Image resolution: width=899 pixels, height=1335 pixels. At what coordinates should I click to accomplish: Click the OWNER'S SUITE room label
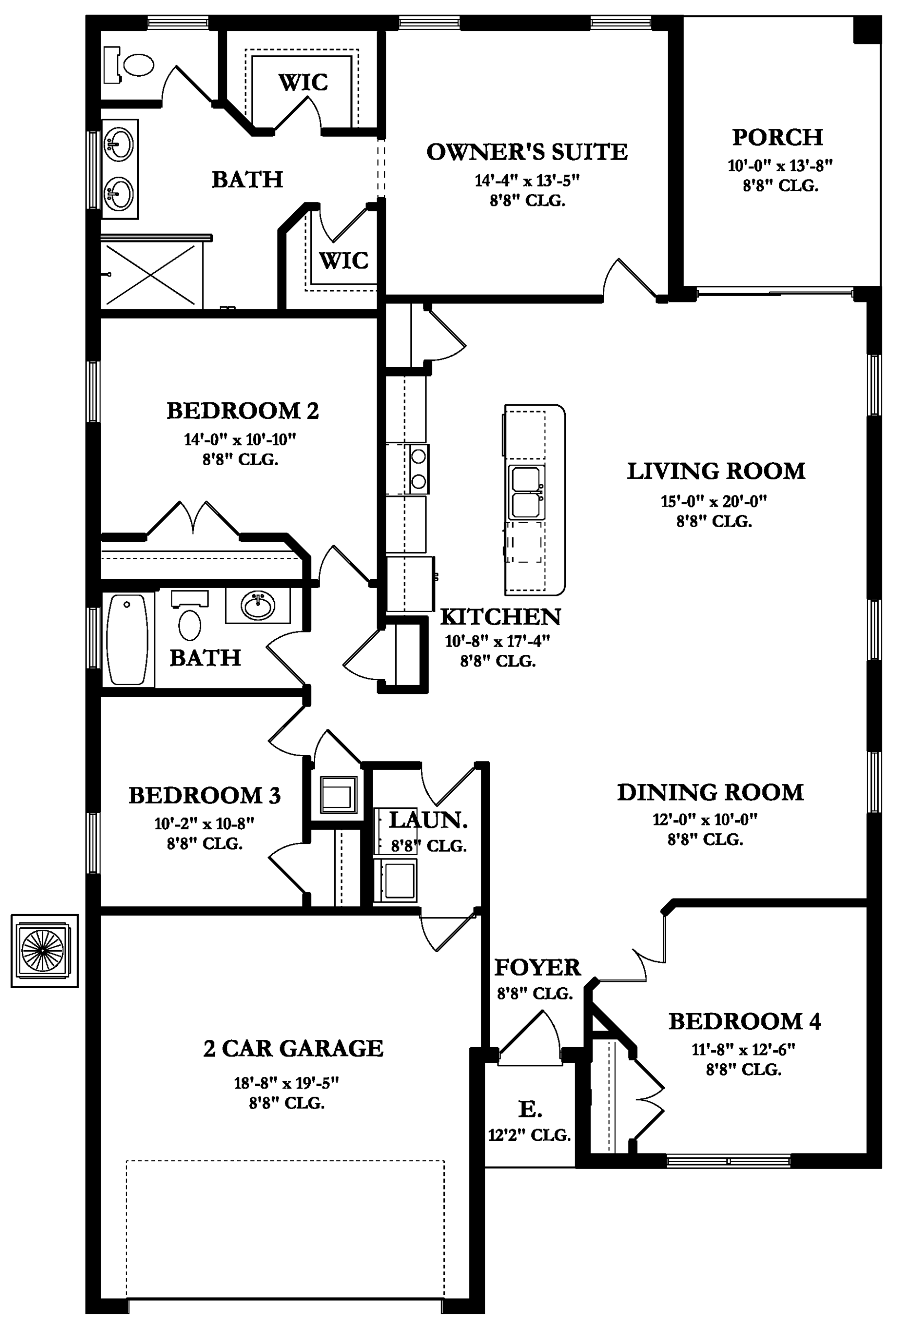pyautogui.click(x=527, y=152)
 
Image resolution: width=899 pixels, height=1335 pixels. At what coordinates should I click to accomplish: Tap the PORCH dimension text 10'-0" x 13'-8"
pyautogui.click(x=780, y=166)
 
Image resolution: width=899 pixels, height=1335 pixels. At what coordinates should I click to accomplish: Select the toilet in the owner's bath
pyautogui.click(x=129, y=65)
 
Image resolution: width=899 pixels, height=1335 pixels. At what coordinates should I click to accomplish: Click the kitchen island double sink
pyautogui.click(x=526, y=492)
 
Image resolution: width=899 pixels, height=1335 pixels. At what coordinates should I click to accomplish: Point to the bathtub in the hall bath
pyautogui.click(x=127, y=639)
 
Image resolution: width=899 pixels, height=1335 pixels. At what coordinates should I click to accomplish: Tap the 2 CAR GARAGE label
pyautogui.click(x=293, y=1048)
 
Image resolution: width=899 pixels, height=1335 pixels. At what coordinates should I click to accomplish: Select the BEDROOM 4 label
pyautogui.click(x=744, y=1021)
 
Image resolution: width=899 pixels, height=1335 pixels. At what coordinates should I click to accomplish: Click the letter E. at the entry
pyautogui.click(x=530, y=1109)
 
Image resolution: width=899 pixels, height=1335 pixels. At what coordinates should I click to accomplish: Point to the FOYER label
pyautogui.click(x=537, y=967)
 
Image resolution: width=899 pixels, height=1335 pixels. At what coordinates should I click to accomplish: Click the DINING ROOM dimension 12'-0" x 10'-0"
pyautogui.click(x=704, y=819)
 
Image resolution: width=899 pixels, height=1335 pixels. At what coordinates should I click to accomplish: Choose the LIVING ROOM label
pyautogui.click(x=715, y=471)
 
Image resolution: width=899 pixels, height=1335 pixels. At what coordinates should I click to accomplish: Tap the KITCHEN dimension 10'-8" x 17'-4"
pyautogui.click(x=497, y=641)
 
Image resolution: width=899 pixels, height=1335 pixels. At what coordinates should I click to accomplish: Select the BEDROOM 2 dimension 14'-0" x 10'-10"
pyautogui.click(x=240, y=440)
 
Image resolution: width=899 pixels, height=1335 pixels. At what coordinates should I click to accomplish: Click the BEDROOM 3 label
pyautogui.click(x=205, y=795)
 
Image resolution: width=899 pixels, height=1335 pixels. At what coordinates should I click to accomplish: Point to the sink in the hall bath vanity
pyautogui.click(x=258, y=605)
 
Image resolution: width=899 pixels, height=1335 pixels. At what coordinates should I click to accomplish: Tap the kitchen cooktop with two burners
pyautogui.click(x=419, y=469)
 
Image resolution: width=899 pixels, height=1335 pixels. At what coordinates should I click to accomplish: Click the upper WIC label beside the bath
pyautogui.click(x=303, y=82)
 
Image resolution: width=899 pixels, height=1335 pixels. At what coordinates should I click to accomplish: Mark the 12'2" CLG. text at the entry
pyautogui.click(x=529, y=1135)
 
